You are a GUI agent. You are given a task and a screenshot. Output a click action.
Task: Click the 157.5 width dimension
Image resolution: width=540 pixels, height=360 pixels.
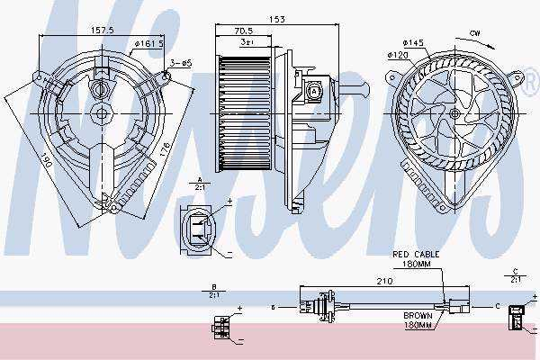point(100,30)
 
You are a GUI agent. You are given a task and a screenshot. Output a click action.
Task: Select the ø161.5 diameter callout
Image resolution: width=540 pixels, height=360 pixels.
point(147,42)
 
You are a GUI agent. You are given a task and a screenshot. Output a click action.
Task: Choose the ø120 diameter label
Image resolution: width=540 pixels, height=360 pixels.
point(399,54)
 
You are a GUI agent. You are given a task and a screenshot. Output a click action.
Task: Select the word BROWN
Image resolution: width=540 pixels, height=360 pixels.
point(418,315)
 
